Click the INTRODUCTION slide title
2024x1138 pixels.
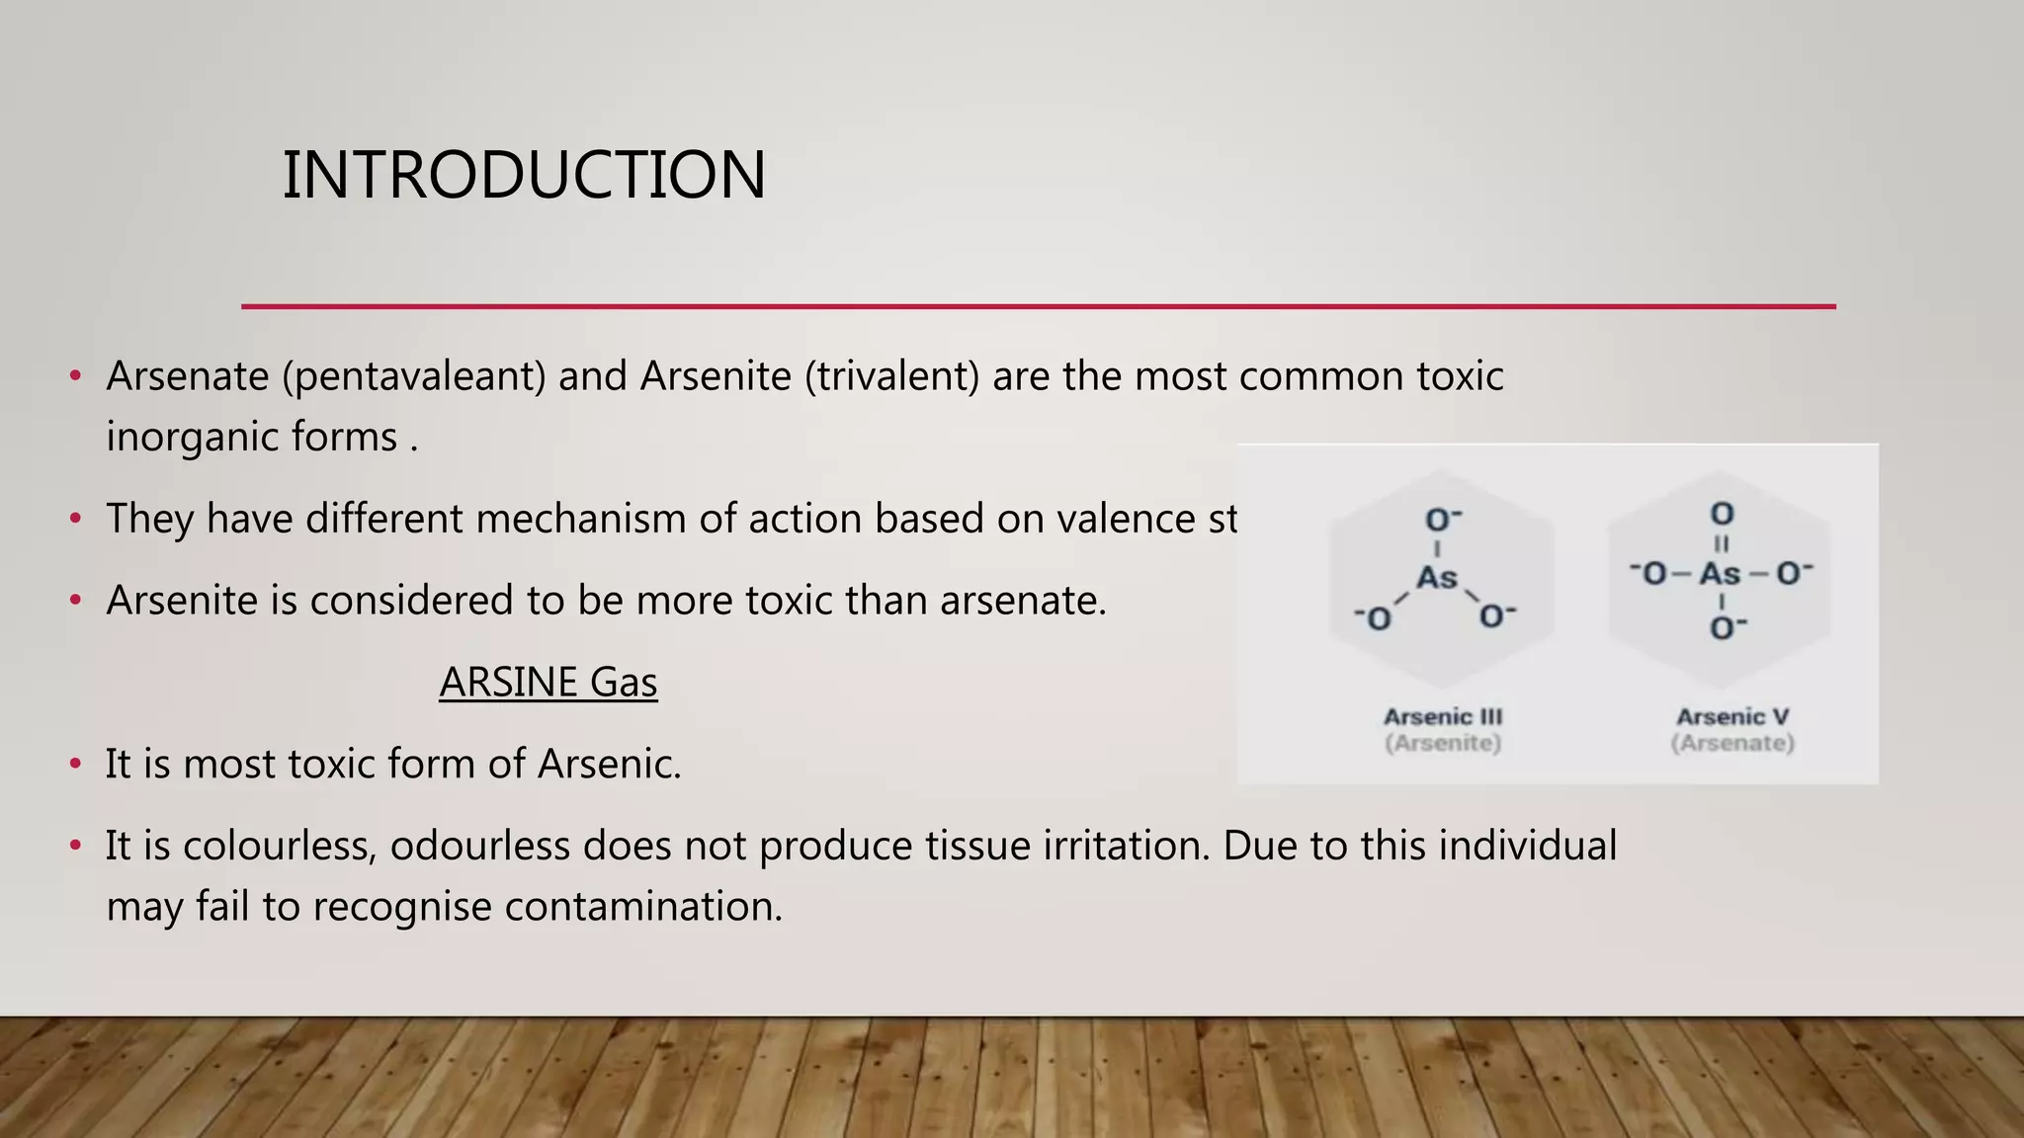click(524, 175)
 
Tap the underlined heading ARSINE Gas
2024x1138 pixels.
click(548, 683)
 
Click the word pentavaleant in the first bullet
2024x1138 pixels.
click(414, 376)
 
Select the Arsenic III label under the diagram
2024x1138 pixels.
click(1443, 717)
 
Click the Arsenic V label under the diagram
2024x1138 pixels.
click(1732, 717)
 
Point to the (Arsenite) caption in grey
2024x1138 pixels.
click(1443, 743)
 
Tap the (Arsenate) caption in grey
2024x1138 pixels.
click(1732, 743)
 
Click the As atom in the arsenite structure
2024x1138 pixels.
click(1437, 577)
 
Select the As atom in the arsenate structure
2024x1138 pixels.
click(1721, 574)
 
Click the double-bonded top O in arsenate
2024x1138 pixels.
click(1722, 514)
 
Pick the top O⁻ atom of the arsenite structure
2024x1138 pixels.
click(1442, 521)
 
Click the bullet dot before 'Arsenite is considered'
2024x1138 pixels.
click(76, 601)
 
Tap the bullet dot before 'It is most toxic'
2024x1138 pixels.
click(76, 765)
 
